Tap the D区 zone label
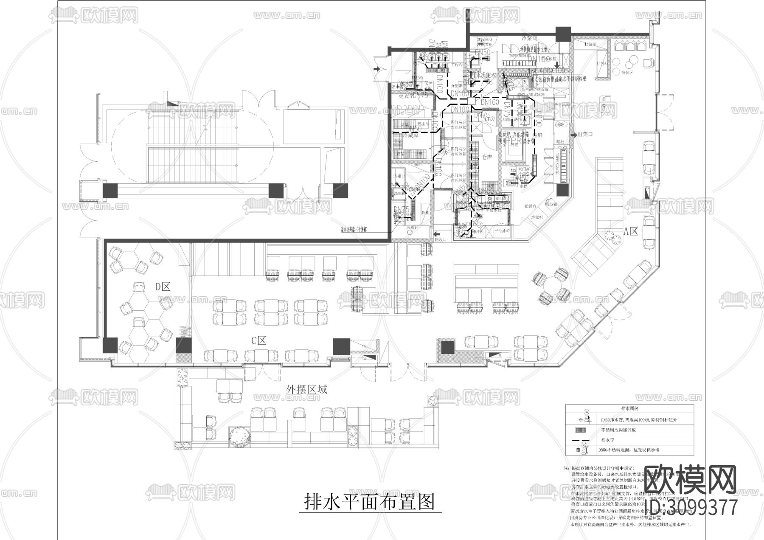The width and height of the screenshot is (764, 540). click(163, 287)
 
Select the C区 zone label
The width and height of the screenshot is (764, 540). click(258, 341)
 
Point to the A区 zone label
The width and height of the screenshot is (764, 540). click(631, 231)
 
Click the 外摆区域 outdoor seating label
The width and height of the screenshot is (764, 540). click(307, 389)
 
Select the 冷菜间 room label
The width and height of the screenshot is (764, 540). click(529, 39)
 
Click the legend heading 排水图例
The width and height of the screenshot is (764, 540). click(630, 408)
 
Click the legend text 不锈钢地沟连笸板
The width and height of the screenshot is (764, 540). click(618, 430)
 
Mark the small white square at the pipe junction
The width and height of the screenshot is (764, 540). click(472, 101)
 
